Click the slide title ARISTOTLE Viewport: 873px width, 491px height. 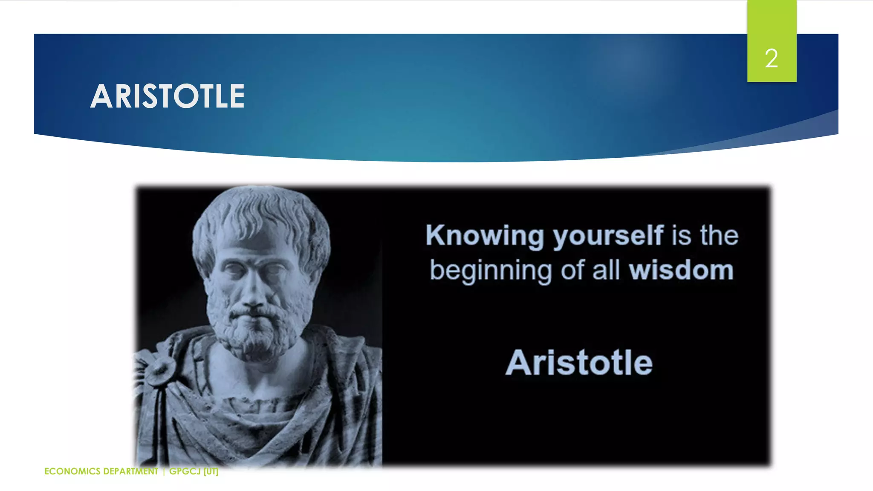(168, 96)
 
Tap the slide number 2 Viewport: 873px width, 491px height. (771, 58)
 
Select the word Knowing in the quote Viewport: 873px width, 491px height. (485, 236)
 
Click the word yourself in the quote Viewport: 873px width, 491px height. (608, 236)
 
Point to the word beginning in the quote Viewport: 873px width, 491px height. (490, 271)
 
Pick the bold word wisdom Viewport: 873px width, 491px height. (681, 271)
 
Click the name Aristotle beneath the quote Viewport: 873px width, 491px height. (579, 363)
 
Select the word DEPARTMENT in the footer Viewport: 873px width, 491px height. (130, 471)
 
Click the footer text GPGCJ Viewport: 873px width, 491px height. (185, 471)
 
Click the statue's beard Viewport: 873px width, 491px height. (256, 337)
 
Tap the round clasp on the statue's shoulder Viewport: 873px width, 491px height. (160, 370)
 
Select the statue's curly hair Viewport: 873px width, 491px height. (260, 213)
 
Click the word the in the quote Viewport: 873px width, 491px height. (719, 236)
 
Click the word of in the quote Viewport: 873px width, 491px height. (572, 271)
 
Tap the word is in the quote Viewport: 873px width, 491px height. (681, 236)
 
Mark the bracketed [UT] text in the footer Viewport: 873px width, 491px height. (211, 471)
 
